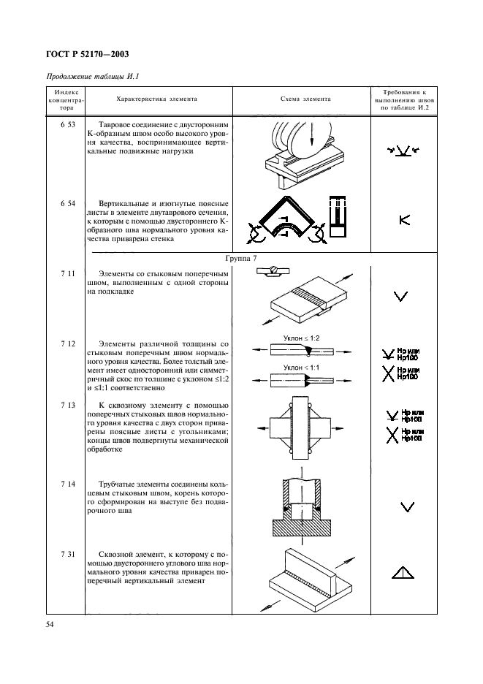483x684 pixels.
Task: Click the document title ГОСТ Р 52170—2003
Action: [x=88, y=53]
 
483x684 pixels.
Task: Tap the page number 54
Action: [x=50, y=625]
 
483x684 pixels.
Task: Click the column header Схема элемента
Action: [x=305, y=98]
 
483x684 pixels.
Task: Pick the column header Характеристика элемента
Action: [x=156, y=98]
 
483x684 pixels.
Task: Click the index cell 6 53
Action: [x=67, y=126]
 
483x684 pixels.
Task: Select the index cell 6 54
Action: [x=67, y=202]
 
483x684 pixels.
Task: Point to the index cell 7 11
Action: [x=67, y=272]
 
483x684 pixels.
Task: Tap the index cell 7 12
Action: [x=67, y=343]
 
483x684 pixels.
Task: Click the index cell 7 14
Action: [x=67, y=484]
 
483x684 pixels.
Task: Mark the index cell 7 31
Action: [x=67, y=555]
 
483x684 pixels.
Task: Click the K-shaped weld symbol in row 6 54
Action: [x=403, y=219]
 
